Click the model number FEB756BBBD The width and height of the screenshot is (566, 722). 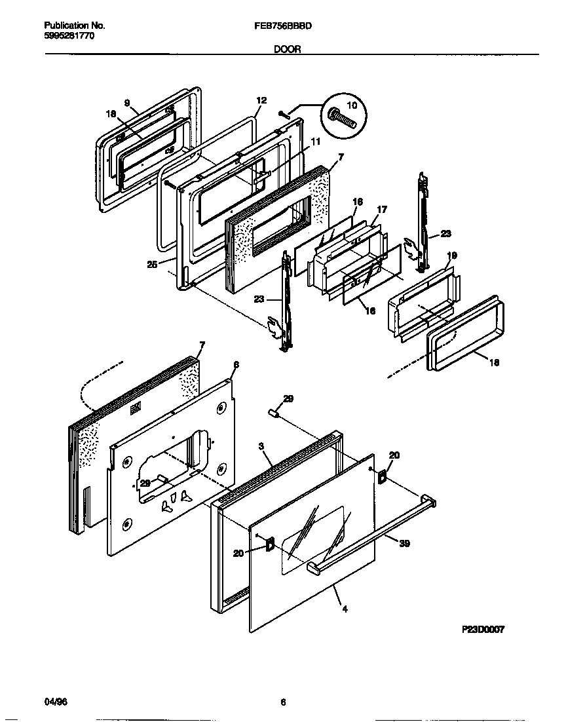[x=282, y=26]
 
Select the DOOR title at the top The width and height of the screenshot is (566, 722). [x=288, y=48]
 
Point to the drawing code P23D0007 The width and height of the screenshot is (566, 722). [x=482, y=628]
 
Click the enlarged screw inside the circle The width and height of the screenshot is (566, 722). [x=343, y=118]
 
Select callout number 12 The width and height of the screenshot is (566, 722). [x=261, y=100]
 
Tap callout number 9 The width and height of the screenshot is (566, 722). [x=127, y=103]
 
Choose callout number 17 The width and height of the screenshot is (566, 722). [x=382, y=209]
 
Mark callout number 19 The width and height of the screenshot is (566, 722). [x=452, y=255]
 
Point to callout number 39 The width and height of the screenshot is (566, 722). [x=404, y=542]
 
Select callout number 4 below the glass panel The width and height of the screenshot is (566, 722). [x=345, y=609]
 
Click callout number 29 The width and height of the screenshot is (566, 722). [x=288, y=398]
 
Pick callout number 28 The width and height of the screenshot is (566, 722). [x=145, y=483]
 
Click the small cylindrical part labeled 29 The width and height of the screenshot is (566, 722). [x=274, y=413]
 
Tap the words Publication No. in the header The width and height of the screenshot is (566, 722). [x=75, y=26]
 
